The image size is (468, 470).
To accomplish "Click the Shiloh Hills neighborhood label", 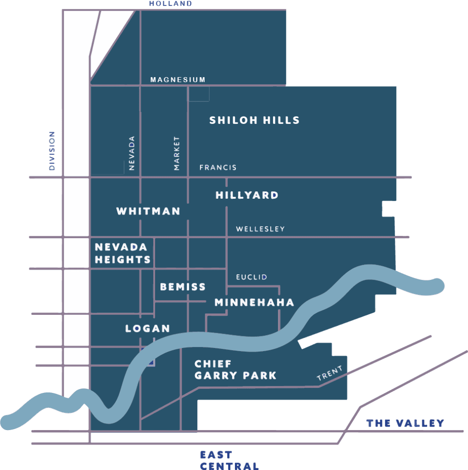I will coord(254,121).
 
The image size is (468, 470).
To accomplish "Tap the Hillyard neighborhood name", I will coord(247,196).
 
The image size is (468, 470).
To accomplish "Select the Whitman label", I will coord(148,211).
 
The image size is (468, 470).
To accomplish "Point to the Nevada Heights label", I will coord(123,253).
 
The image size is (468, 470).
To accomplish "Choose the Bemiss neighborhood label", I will coord(183,287).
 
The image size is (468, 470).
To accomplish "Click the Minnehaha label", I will coord(254,302).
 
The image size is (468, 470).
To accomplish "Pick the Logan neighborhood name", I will coord(148,329).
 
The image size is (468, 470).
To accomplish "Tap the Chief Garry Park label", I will coord(235,370).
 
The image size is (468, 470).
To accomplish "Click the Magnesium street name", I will coord(178,80).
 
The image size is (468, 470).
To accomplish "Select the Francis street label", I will coord(218,168).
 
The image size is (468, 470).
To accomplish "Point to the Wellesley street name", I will coord(260,229).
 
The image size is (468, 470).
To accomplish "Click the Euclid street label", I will coord(251,277).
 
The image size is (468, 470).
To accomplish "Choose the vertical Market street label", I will coord(177,153).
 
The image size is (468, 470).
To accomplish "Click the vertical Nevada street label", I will coord(132,153).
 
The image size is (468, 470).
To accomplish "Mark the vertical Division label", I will coord(52,151).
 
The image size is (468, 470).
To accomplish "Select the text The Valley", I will coord(406,423).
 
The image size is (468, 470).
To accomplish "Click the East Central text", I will coord(229,460).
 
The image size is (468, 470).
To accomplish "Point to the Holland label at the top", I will coord(170,4).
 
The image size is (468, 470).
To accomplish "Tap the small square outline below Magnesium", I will coord(199,94).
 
